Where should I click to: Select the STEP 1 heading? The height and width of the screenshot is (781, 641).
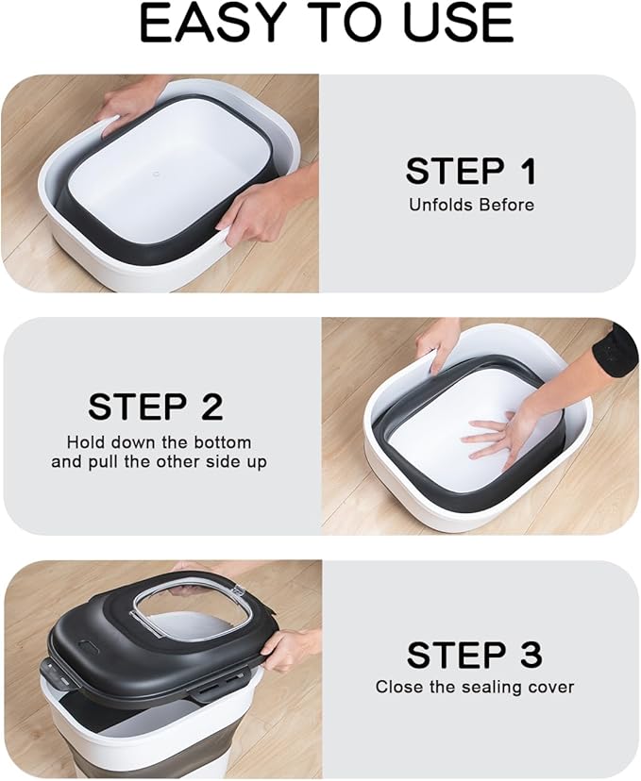[471, 172]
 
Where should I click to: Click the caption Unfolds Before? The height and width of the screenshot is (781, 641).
[471, 205]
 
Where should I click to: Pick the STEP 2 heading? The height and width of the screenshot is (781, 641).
[156, 407]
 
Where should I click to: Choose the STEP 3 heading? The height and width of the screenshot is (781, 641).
[474, 655]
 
